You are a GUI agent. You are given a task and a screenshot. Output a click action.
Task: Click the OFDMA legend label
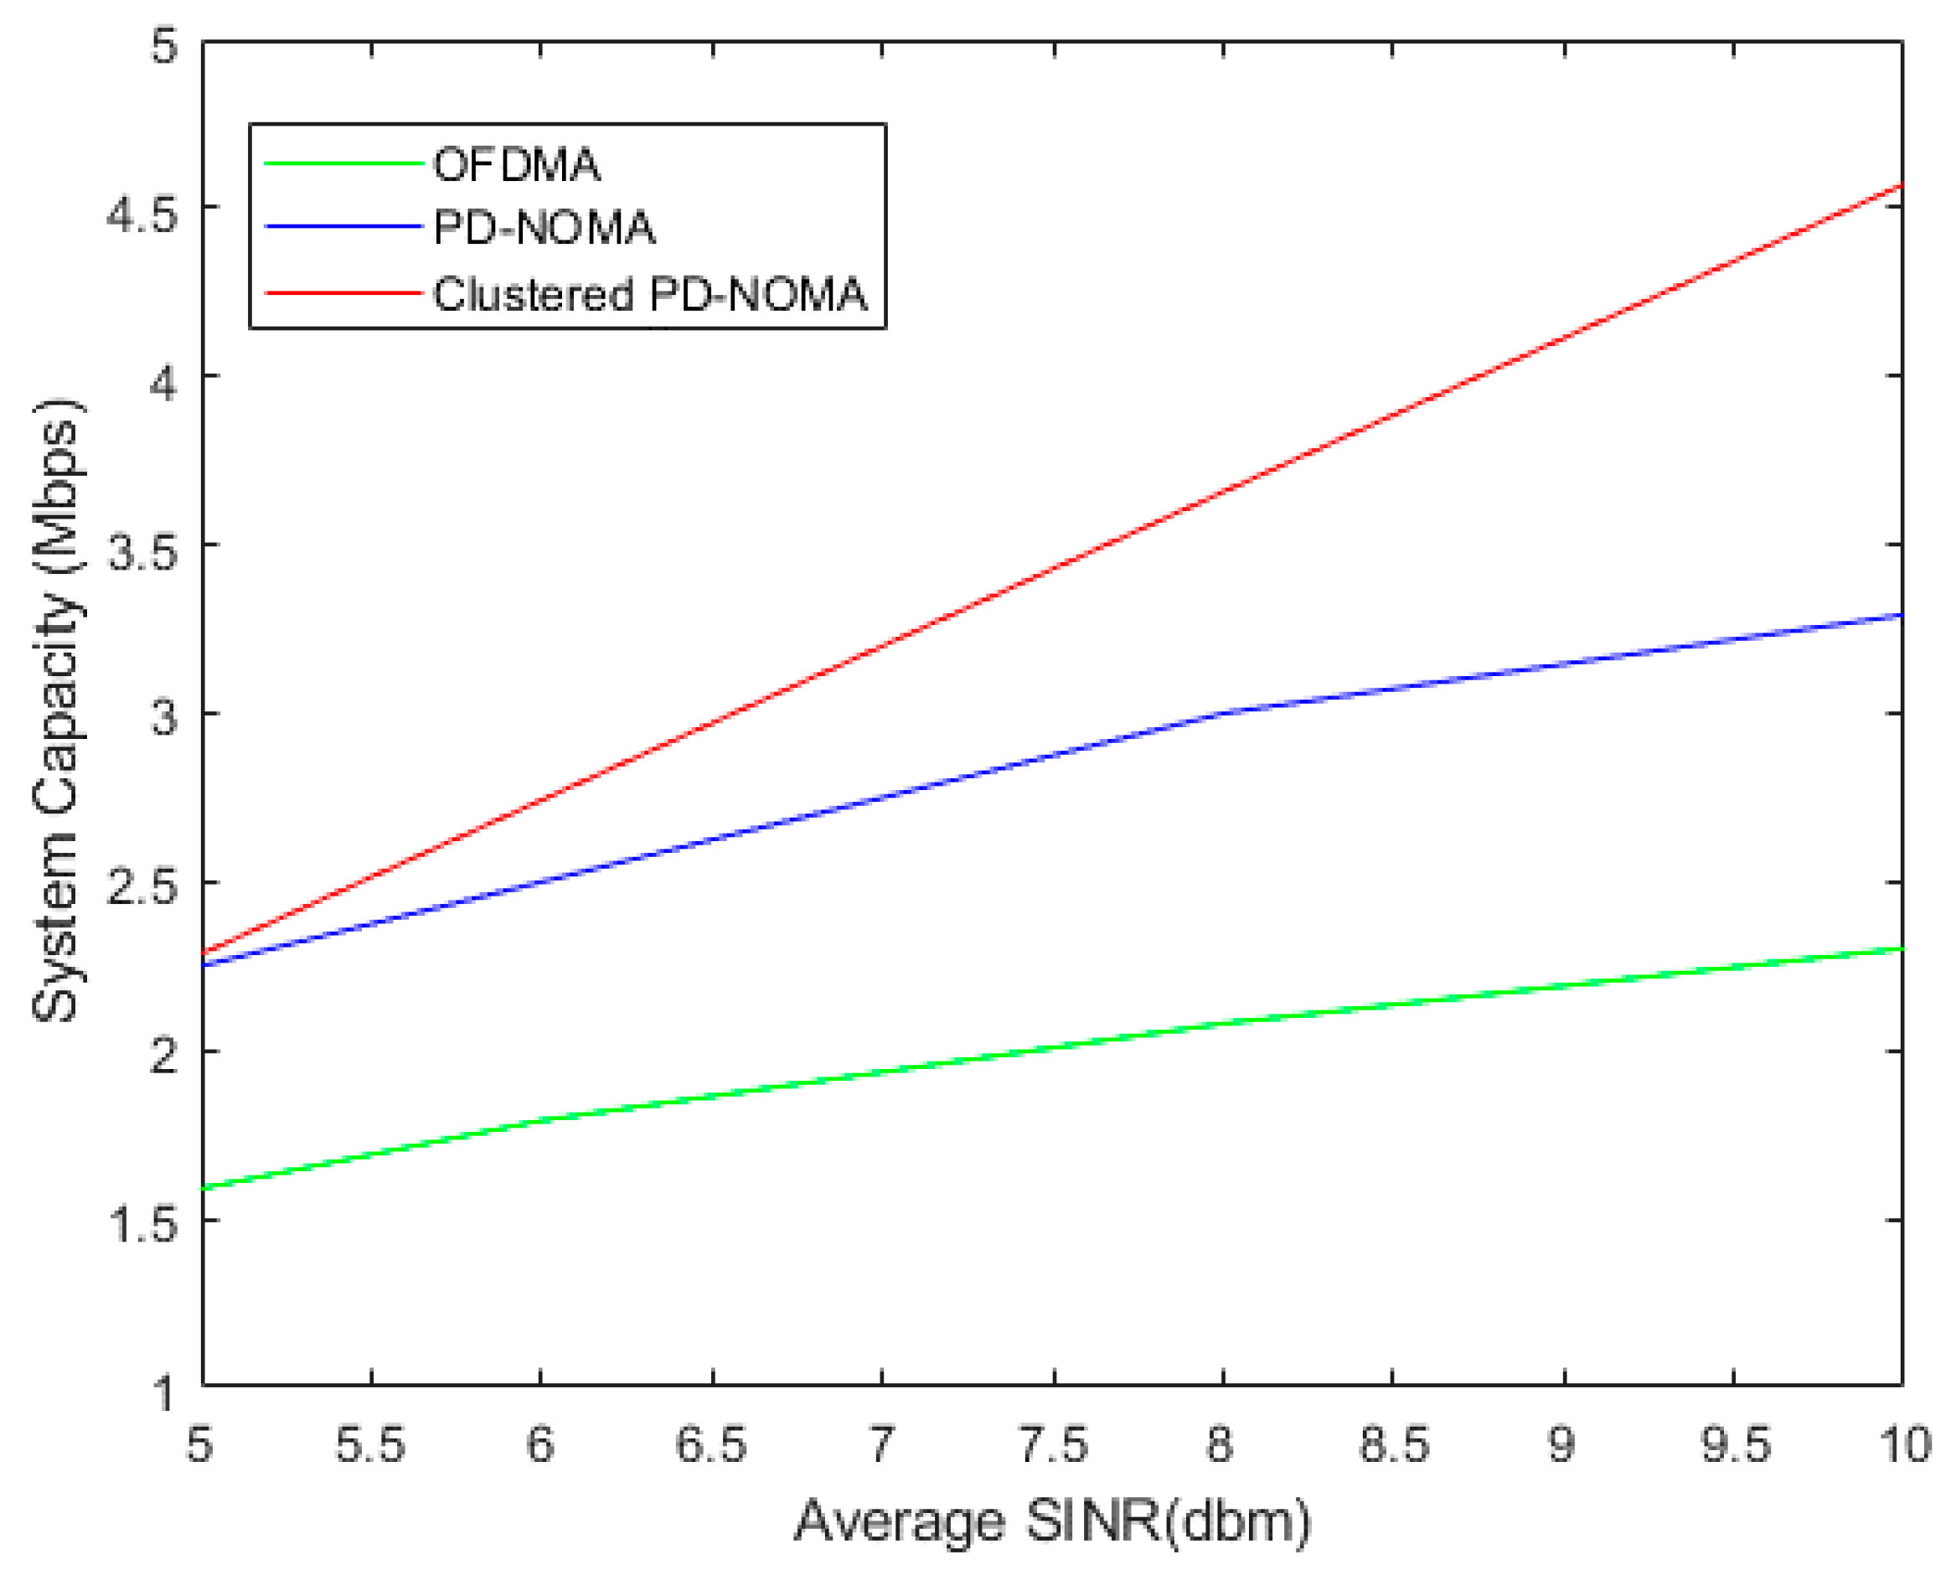coord(516,165)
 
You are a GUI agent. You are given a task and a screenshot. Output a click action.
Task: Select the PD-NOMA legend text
coord(544,227)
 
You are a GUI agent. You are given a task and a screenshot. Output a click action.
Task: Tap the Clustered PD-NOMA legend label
coord(649,294)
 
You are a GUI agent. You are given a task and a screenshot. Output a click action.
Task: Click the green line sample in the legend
coord(343,164)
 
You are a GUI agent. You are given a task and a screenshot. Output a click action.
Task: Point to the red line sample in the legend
coord(343,293)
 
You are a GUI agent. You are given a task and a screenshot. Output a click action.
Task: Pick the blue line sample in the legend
coord(343,226)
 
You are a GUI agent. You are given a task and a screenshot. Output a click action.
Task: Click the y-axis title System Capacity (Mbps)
coord(56,712)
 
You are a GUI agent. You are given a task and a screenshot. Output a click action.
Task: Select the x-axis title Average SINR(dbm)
coord(1052,1521)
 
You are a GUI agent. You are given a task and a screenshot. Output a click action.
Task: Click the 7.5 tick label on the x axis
coord(1053,1443)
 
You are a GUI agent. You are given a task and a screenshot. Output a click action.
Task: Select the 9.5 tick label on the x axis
coord(1733,1443)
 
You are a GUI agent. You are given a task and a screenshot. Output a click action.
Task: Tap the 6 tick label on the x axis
coord(540,1443)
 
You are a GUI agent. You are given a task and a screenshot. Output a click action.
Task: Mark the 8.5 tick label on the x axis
coord(1391,1443)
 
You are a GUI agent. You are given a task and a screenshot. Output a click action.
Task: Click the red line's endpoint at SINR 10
coord(1901,186)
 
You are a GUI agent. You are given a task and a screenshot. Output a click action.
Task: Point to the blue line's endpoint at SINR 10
coord(1901,615)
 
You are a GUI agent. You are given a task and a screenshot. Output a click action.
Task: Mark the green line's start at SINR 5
coord(204,1188)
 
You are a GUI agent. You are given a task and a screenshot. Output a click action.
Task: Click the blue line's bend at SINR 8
coord(1223,713)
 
